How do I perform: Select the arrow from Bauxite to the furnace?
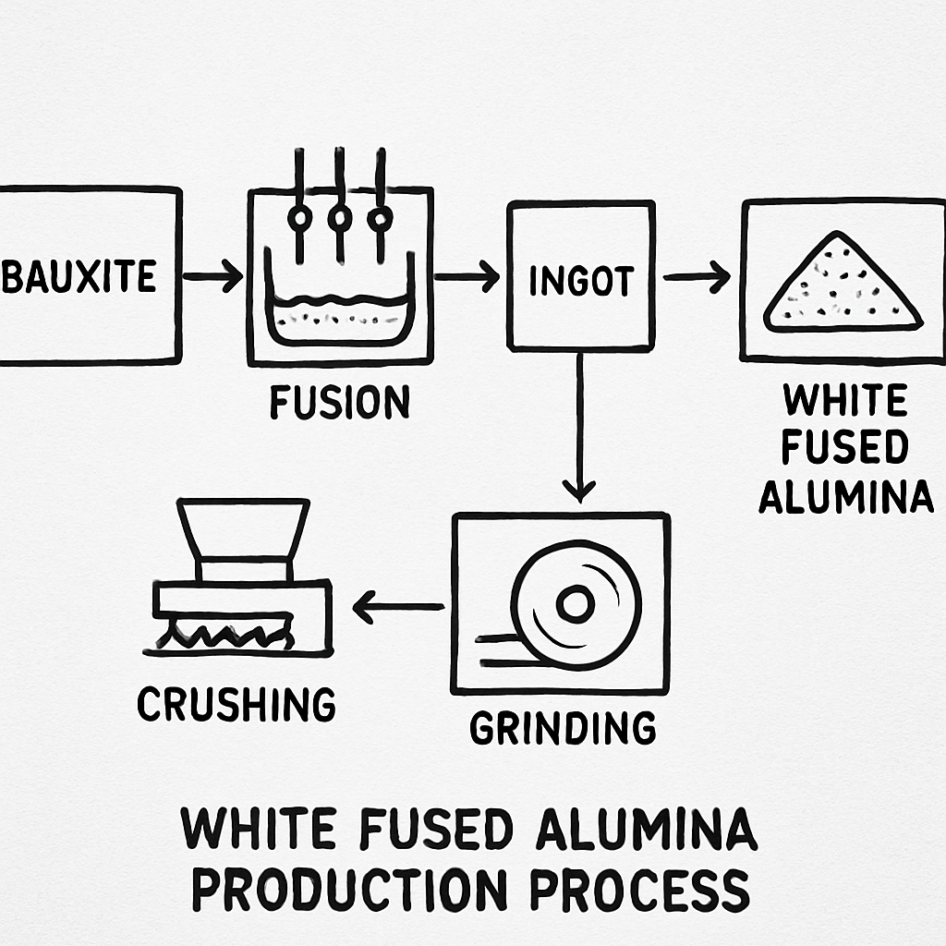pyautogui.click(x=212, y=276)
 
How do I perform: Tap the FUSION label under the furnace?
pyautogui.click(x=339, y=403)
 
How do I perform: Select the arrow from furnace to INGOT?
pyautogui.click(x=467, y=276)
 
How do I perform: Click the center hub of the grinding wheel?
pyautogui.click(x=575, y=605)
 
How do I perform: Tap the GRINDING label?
pyautogui.click(x=563, y=728)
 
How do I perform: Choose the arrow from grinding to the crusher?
pyautogui.click(x=398, y=607)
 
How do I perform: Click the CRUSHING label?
pyautogui.click(x=236, y=705)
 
